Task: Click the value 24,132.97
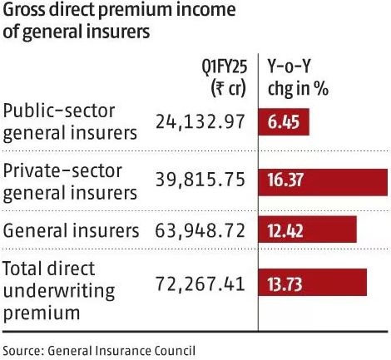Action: [200, 122]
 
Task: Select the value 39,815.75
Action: [200, 181]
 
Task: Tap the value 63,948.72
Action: [200, 229]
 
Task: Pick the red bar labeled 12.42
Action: [309, 229]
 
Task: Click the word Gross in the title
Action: [26, 12]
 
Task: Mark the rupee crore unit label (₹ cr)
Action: [224, 87]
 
